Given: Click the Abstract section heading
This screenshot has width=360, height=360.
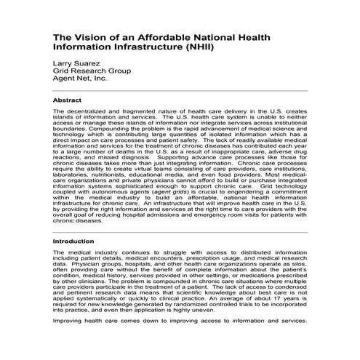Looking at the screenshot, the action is coord(68,100).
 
